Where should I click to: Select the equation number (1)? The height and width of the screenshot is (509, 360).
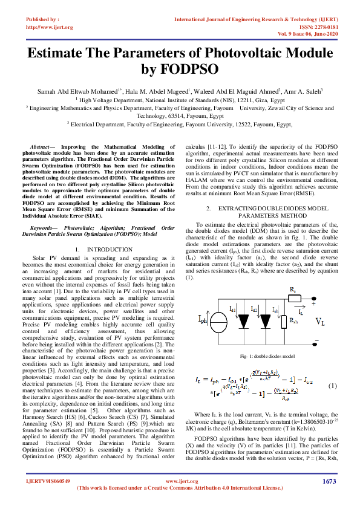tap(332, 385)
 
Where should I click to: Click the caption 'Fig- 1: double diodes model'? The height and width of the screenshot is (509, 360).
tap(267, 357)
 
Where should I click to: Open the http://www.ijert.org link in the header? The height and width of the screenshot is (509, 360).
tap(50, 27)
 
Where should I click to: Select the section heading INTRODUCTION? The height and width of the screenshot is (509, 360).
tap(109, 250)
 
